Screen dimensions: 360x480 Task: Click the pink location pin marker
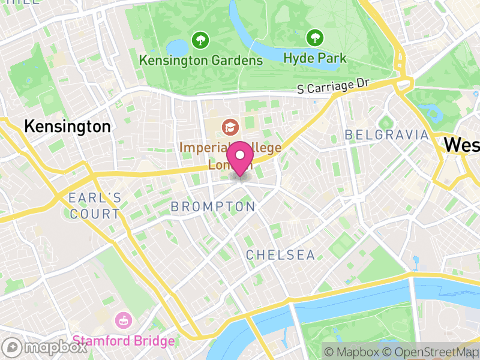(241, 158)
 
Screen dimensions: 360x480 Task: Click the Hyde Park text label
(314, 58)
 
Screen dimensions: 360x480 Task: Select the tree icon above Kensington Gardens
(200, 41)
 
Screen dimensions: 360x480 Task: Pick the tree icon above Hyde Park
(314, 38)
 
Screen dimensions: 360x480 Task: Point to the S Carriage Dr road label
(332, 87)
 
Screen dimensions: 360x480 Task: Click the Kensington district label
(67, 127)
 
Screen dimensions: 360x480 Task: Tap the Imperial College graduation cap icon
(229, 127)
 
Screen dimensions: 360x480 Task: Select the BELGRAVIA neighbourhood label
(387, 135)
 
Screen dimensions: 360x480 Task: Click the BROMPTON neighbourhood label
(213, 206)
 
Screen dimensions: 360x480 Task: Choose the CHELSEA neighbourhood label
(280, 255)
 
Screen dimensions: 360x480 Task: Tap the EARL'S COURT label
(94, 206)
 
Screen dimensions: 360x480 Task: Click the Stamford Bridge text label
(124, 341)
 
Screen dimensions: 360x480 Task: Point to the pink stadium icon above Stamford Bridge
(123, 319)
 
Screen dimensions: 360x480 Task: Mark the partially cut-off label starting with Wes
(461, 145)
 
